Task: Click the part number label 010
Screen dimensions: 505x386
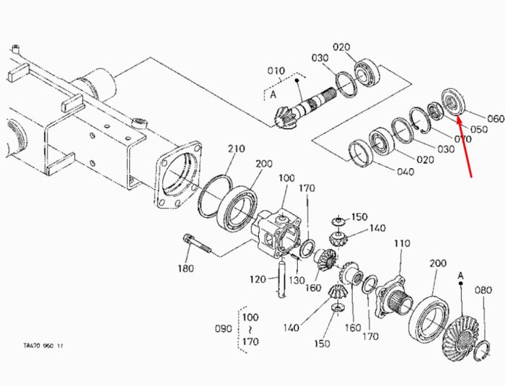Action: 276,71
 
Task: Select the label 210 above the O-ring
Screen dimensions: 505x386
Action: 237,149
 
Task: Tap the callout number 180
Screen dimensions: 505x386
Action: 186,268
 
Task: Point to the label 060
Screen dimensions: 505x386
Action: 496,118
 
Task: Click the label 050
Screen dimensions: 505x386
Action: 479,129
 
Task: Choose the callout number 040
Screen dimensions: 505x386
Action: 405,172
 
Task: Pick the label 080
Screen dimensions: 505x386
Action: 483,290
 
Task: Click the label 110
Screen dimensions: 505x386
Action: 402,243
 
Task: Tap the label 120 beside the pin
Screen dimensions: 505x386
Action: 258,279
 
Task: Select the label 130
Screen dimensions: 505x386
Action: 297,281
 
